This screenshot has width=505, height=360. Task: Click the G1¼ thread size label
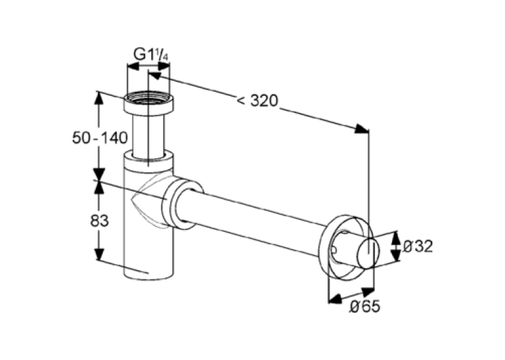(151, 55)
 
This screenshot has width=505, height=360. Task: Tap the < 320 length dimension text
(257, 101)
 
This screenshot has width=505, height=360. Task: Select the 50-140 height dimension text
(100, 138)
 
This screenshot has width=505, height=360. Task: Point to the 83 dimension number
(100, 221)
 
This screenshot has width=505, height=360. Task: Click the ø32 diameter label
(418, 246)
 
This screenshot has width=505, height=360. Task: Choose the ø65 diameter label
(365, 306)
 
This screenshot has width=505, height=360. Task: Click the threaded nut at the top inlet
(149, 102)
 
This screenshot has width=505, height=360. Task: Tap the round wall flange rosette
(345, 247)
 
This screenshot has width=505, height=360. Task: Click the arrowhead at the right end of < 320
(362, 129)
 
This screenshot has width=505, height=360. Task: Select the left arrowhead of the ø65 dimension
(334, 299)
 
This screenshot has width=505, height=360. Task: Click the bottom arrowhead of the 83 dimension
(100, 254)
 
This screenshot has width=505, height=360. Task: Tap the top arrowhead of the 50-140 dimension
(100, 98)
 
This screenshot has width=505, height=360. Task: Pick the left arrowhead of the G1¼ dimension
(133, 67)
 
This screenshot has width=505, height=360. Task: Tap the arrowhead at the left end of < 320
(154, 76)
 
